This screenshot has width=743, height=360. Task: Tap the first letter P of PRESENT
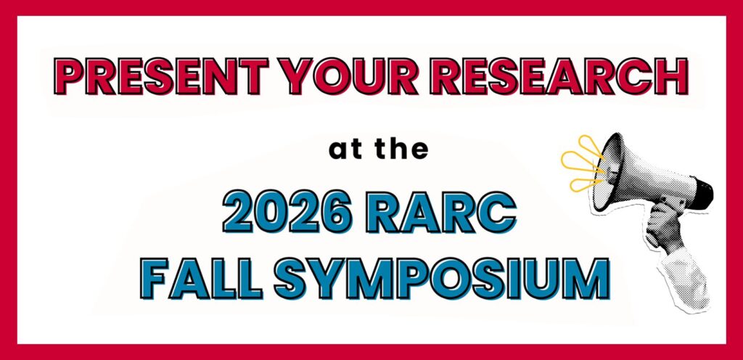coord(70,76)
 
